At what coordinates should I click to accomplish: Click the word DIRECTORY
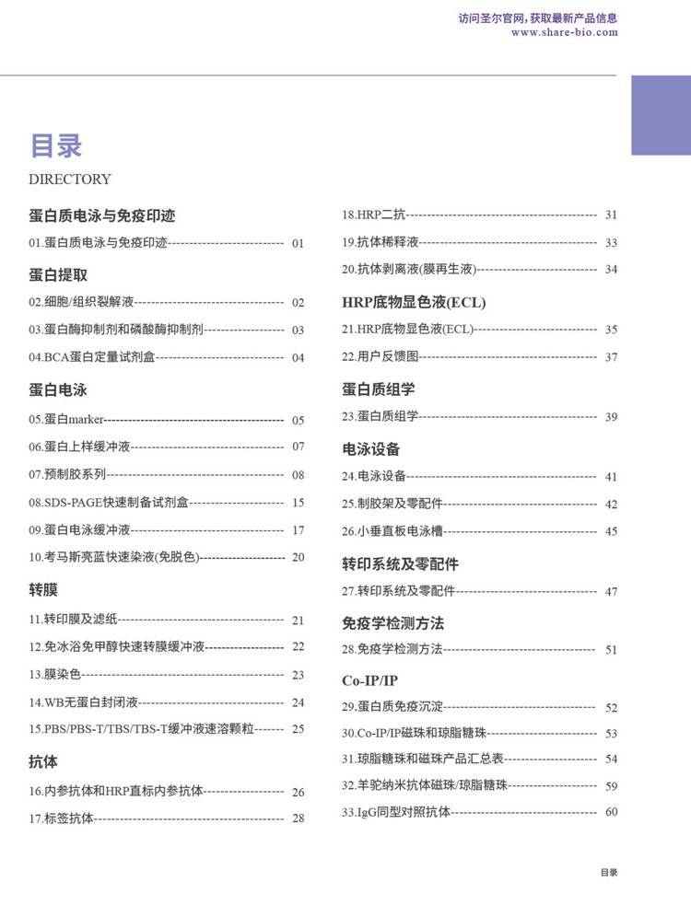70,180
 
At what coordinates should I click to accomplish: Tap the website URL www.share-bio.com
564,32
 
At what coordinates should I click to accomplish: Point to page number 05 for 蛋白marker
298,421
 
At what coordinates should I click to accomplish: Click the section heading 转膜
43,589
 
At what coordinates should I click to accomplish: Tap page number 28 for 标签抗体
298,818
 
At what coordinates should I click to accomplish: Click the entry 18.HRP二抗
373,215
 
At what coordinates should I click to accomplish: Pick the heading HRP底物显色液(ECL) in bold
414,302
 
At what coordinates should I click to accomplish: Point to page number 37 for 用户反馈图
611,357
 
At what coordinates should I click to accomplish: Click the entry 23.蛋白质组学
380,417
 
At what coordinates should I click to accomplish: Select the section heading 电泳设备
371,449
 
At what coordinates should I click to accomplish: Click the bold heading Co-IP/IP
369,680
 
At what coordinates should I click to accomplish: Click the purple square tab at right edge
661,115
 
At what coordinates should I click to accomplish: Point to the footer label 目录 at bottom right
609,873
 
